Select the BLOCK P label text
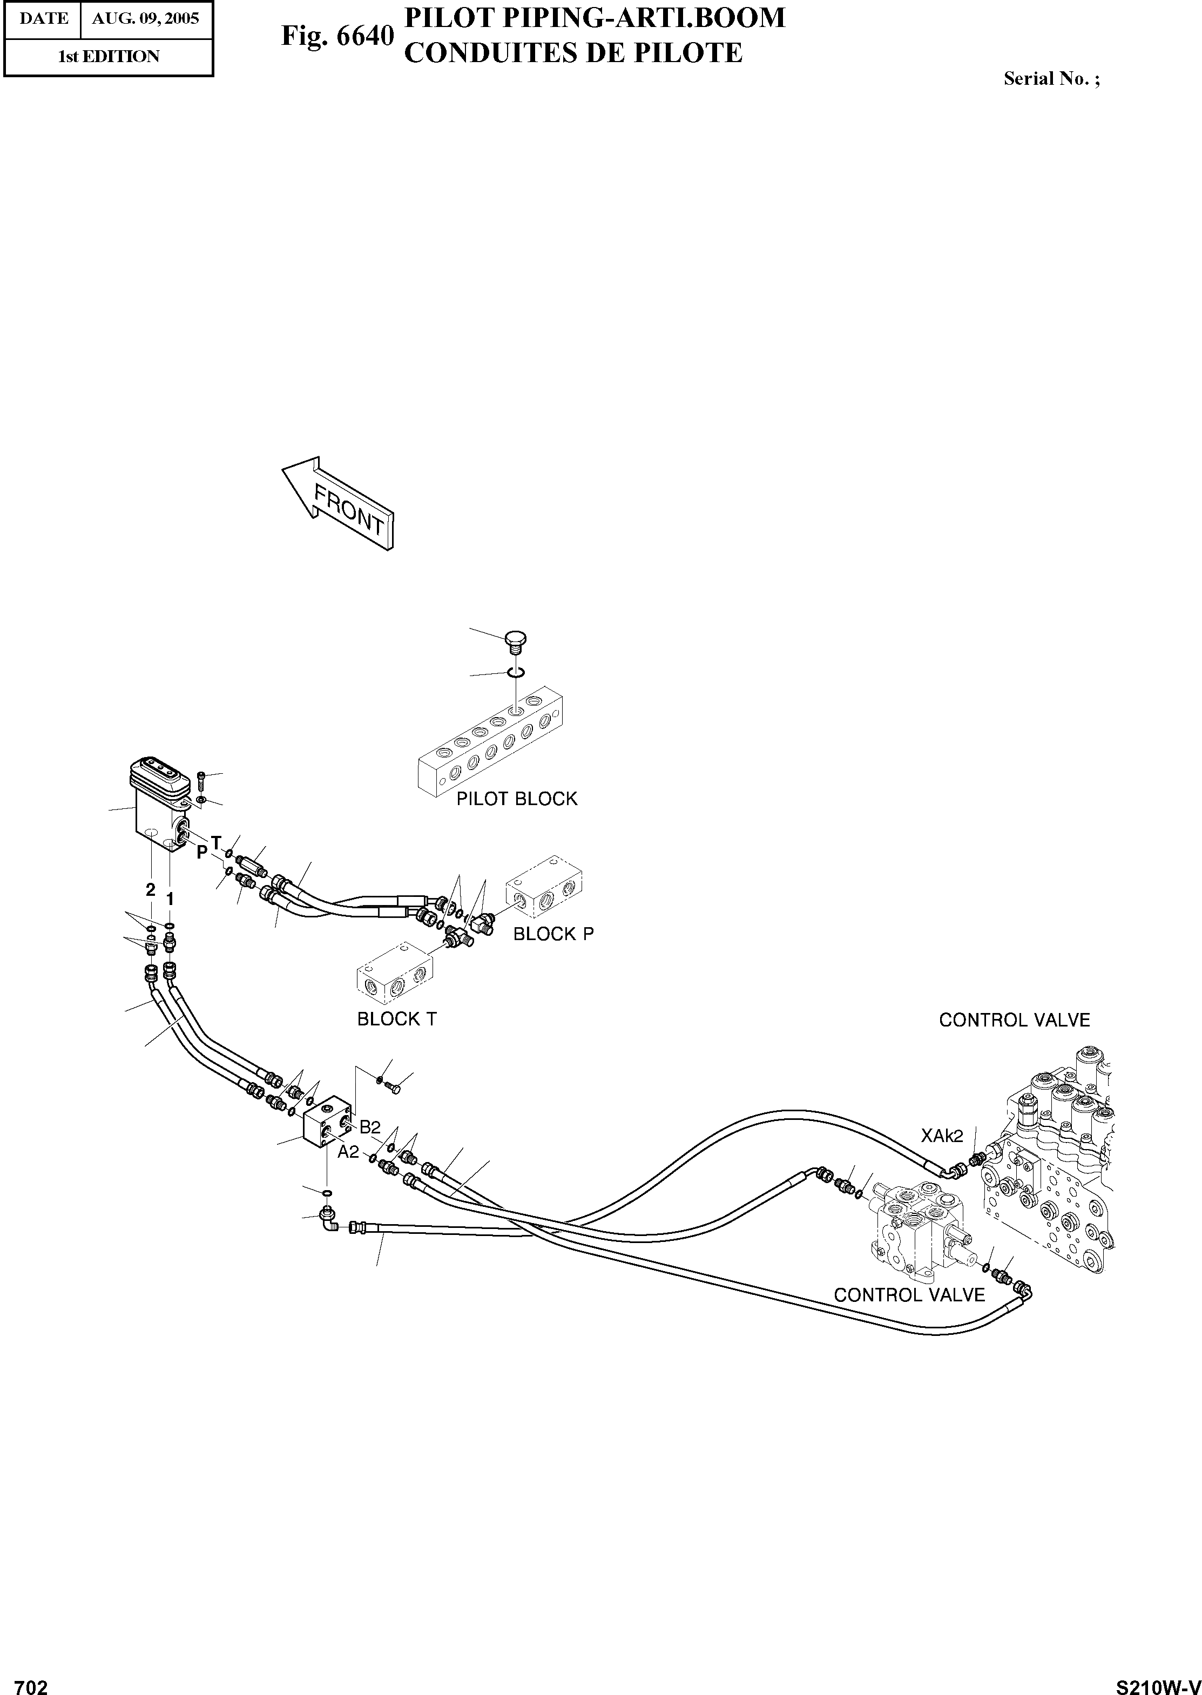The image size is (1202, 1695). coord(553,934)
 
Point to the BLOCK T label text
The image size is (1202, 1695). coord(397,1019)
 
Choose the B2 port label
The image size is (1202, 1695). coord(369,1127)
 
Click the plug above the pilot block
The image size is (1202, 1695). coord(515,639)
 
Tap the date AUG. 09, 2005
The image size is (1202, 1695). coord(146,18)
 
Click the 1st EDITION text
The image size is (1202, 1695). coord(108,56)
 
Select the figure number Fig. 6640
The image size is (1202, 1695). coord(337,36)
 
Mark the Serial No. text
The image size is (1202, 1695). coord(1051,78)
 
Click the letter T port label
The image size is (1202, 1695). coord(216,842)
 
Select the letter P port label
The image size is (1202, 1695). coord(201,853)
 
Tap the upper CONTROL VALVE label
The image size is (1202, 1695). coord(1014,1020)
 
